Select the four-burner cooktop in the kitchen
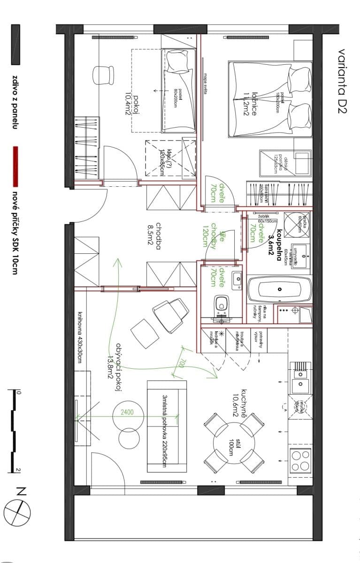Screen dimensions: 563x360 point(301,460)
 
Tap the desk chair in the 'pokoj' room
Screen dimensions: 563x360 point(103,75)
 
